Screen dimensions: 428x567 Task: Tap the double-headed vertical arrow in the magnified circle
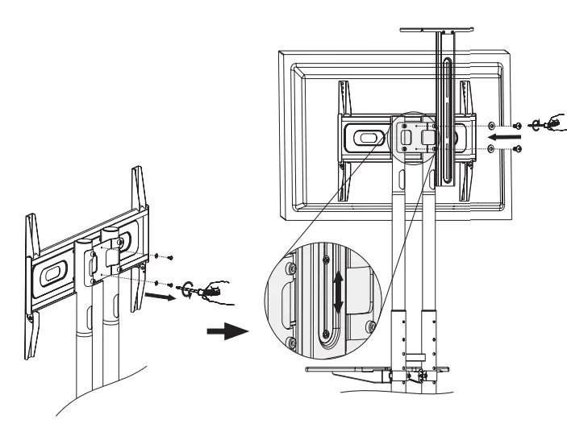[339, 294]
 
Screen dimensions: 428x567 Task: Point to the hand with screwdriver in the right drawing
[550, 122]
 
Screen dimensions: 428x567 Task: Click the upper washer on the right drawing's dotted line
[493, 125]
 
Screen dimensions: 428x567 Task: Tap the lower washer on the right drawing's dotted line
[493, 150]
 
